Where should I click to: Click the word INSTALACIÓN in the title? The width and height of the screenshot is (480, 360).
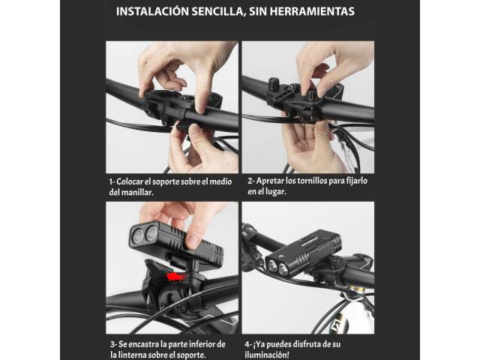[x=152, y=11]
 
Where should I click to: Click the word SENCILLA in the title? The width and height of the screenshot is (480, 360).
[x=218, y=12]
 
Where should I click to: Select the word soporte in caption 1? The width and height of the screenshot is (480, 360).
[x=166, y=181]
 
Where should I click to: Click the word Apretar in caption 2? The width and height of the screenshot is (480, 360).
[x=270, y=181]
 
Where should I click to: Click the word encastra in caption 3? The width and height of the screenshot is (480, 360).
[x=143, y=344]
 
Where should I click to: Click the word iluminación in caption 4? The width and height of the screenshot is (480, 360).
[x=266, y=355]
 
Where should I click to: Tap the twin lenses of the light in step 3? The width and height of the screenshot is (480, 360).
[x=144, y=235]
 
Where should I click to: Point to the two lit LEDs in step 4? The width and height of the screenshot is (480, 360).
[x=277, y=267]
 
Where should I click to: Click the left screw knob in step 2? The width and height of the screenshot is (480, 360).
[x=272, y=83]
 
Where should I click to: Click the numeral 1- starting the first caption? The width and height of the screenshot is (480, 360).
[x=112, y=181]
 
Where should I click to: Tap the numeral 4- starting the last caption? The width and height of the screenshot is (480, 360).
[x=247, y=344]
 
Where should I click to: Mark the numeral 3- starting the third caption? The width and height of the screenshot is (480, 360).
[x=113, y=344]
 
